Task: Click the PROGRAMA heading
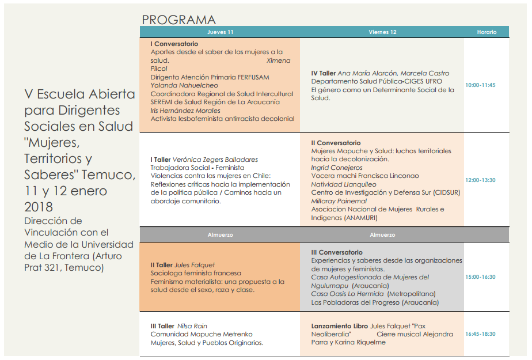179,20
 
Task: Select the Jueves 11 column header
220,32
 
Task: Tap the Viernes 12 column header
382,32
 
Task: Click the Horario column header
487,32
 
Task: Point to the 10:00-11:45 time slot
480,85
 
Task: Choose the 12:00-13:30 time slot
480,180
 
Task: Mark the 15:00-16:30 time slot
480,277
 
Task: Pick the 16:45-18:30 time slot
480,334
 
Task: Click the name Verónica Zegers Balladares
215,160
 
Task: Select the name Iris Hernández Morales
185,111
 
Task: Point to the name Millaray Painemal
339,201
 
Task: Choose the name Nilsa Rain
192,326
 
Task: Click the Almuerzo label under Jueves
220,235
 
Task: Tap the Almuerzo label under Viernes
382,235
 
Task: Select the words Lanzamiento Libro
339,326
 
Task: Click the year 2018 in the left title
38,207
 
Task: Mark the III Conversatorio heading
337,252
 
